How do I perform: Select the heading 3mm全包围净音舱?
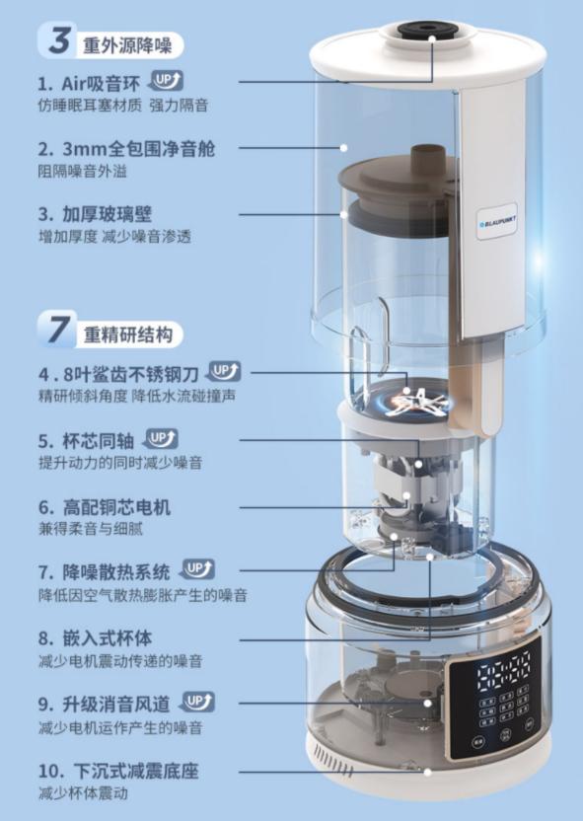[x=139, y=149]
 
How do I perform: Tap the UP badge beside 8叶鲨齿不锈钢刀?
[x=226, y=371]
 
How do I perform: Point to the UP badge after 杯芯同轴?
[x=162, y=438]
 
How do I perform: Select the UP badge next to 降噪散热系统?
[x=198, y=569]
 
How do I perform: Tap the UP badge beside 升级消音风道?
[x=198, y=702]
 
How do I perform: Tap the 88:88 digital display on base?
[x=504, y=665]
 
